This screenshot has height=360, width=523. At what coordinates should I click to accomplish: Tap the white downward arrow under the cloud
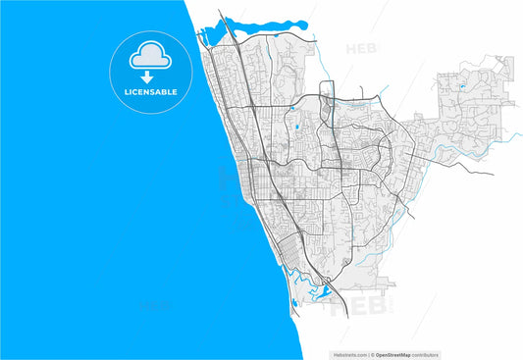point(146,77)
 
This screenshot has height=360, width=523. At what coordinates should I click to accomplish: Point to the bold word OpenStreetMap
point(395,354)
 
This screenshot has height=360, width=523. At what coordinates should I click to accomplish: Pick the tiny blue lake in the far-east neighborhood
point(461,87)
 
